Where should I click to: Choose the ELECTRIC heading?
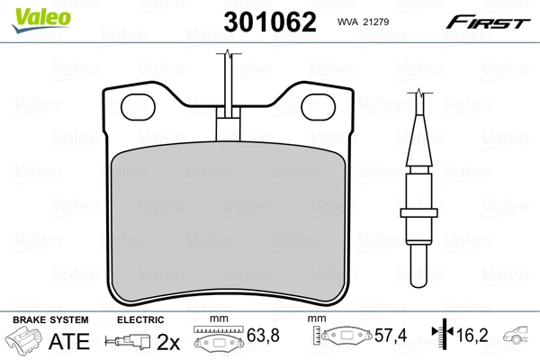click(139, 319)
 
